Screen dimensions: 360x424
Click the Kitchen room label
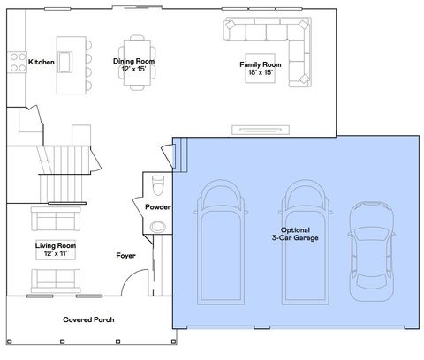pyautogui.click(x=41, y=63)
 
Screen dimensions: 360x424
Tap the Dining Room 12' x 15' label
pyautogui.click(x=134, y=65)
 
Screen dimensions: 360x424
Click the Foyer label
pyautogui.click(x=125, y=256)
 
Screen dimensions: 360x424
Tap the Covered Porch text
pyautogui.click(x=88, y=319)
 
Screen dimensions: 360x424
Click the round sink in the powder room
pyautogui.click(x=158, y=227)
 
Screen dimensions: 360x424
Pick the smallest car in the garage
pyautogui.click(x=369, y=248)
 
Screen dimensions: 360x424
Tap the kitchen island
pyautogui.click(x=69, y=64)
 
